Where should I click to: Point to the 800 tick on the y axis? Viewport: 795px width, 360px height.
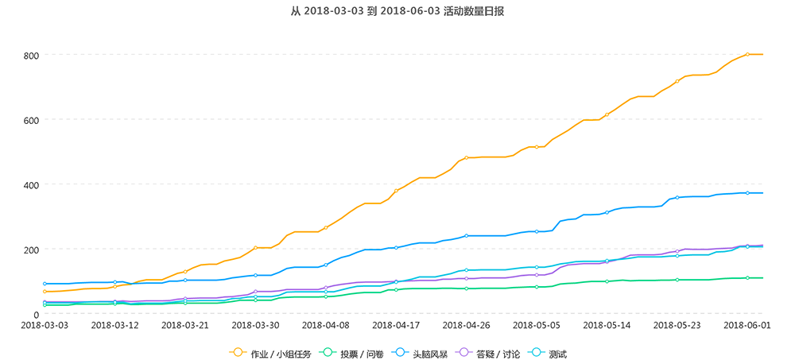click(x=31, y=56)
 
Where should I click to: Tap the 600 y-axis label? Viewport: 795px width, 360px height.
click(x=31, y=120)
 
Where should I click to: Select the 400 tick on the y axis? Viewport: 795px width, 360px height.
click(x=31, y=185)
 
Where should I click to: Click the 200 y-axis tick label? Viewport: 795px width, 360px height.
click(x=31, y=250)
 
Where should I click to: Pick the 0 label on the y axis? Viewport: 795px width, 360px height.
click(x=37, y=314)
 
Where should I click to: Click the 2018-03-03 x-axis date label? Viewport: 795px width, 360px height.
click(x=45, y=325)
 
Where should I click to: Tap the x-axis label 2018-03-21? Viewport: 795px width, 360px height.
click(x=185, y=325)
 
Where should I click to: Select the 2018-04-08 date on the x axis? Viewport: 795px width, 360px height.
click(x=326, y=325)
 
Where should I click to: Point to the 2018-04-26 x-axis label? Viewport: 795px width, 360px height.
click(x=466, y=325)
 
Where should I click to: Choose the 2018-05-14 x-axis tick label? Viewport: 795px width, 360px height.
click(x=607, y=325)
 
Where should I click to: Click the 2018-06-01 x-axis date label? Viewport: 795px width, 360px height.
click(x=747, y=325)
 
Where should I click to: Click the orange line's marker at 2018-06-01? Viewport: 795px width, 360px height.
click(x=747, y=55)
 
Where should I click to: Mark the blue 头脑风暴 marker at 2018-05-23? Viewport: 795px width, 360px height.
click(x=677, y=198)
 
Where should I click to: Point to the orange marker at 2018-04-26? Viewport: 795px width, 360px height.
click(x=466, y=158)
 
